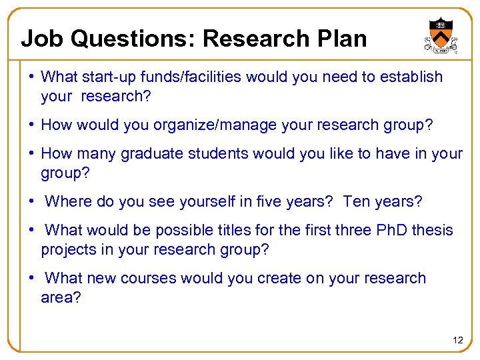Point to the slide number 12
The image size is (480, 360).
(x=457, y=340)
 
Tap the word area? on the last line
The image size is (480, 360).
(x=61, y=297)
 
